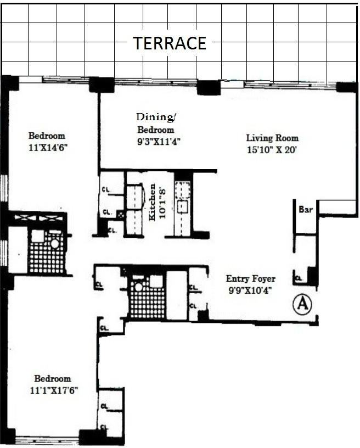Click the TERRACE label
pyautogui.click(x=170, y=43)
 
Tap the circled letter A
pyautogui.click(x=301, y=304)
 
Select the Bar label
pyautogui.click(x=305, y=209)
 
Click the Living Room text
pyautogui.click(x=272, y=138)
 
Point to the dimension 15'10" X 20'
pyautogui.click(x=272, y=149)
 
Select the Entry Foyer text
pyautogui.click(x=251, y=279)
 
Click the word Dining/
pyautogui.click(x=155, y=117)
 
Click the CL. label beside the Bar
pyautogui.click(x=299, y=278)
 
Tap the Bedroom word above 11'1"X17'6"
pyautogui.click(x=53, y=378)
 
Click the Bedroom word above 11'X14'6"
pyautogui.click(x=47, y=136)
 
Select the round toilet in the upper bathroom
pyautogui.click(x=54, y=243)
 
